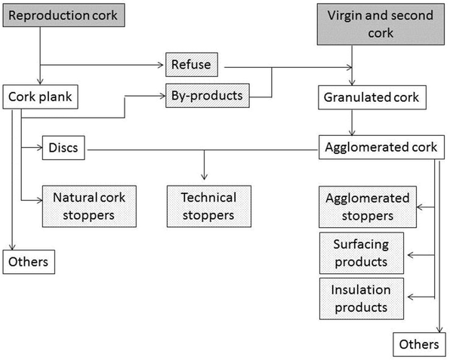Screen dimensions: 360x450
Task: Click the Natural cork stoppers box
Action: coord(89,206)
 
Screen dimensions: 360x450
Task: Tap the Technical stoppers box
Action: coord(208,206)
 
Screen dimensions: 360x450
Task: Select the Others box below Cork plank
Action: coord(29,262)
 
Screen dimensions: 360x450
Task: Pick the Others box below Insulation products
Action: coord(418,344)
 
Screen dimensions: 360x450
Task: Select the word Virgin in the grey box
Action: coord(346,16)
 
